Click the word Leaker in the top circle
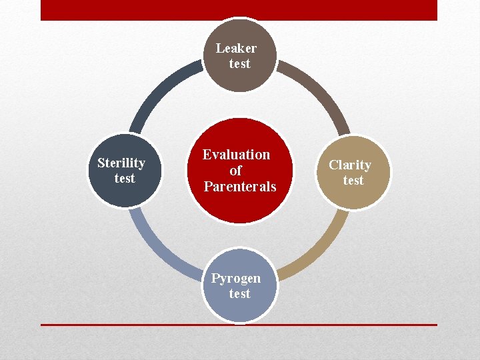tap(236, 48)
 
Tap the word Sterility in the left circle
tap(121, 163)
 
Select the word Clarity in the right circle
tap(350, 165)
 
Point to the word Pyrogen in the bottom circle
tap(236, 279)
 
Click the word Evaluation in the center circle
tap(237, 155)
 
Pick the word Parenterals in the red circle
tap(239, 187)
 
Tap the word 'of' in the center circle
tap(235, 171)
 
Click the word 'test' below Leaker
tap(239, 64)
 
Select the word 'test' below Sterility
tap(125, 179)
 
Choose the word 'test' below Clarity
tap(353, 181)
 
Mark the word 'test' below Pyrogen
tap(239, 294)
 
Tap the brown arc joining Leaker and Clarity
tap(320, 90)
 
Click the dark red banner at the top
tap(239, 10)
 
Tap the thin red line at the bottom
tap(239, 325)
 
